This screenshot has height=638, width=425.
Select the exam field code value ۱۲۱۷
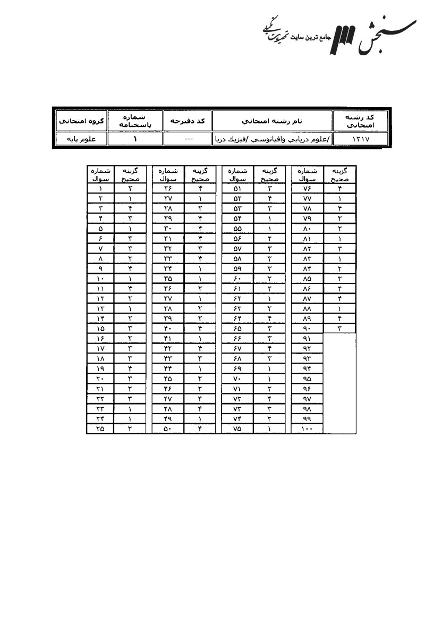[x=360, y=139]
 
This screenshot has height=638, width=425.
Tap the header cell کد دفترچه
[x=188, y=121]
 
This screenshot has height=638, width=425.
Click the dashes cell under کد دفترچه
[x=188, y=139]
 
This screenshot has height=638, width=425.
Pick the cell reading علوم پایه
[x=80, y=139]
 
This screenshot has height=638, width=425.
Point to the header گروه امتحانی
[x=80, y=121]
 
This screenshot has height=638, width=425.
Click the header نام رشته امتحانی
[x=272, y=121]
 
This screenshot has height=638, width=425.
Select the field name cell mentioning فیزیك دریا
[x=272, y=139]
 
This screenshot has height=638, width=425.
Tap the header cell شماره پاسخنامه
[x=135, y=121]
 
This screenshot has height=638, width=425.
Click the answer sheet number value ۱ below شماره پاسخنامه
[x=135, y=139]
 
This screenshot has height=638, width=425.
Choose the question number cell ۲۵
[x=100, y=429]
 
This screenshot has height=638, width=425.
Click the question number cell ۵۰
[x=167, y=429]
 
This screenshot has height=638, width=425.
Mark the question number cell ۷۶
[x=307, y=188]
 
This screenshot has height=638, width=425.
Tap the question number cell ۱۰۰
[x=307, y=429]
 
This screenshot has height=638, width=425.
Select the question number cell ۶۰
[x=237, y=278]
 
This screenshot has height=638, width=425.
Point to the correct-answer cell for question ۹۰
[x=339, y=328]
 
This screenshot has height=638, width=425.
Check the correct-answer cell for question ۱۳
[x=130, y=308]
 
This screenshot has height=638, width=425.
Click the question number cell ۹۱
[x=307, y=338]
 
